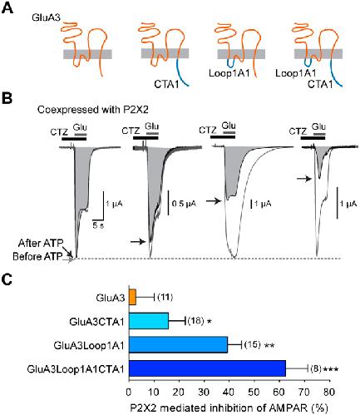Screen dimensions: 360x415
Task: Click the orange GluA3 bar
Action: [132, 298]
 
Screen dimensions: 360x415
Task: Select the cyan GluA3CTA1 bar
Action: [149, 321]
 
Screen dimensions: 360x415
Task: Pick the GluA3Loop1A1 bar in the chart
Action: [178, 345]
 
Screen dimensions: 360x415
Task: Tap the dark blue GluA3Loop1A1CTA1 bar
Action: [207, 368]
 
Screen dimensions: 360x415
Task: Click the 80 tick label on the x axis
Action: [329, 393]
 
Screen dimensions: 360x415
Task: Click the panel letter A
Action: [7, 8]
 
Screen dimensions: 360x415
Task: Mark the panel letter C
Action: [7, 280]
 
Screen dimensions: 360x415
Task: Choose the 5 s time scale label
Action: [98, 225]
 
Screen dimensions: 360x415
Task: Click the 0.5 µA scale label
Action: [184, 204]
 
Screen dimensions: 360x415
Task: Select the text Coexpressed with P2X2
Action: [93, 110]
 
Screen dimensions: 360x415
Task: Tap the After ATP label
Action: [41, 244]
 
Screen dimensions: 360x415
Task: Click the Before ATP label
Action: [37, 256]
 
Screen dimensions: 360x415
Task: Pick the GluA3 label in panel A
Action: [46, 17]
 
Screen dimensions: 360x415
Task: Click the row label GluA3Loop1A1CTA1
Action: [76, 369]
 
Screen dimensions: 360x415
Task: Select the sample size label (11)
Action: [165, 298]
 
